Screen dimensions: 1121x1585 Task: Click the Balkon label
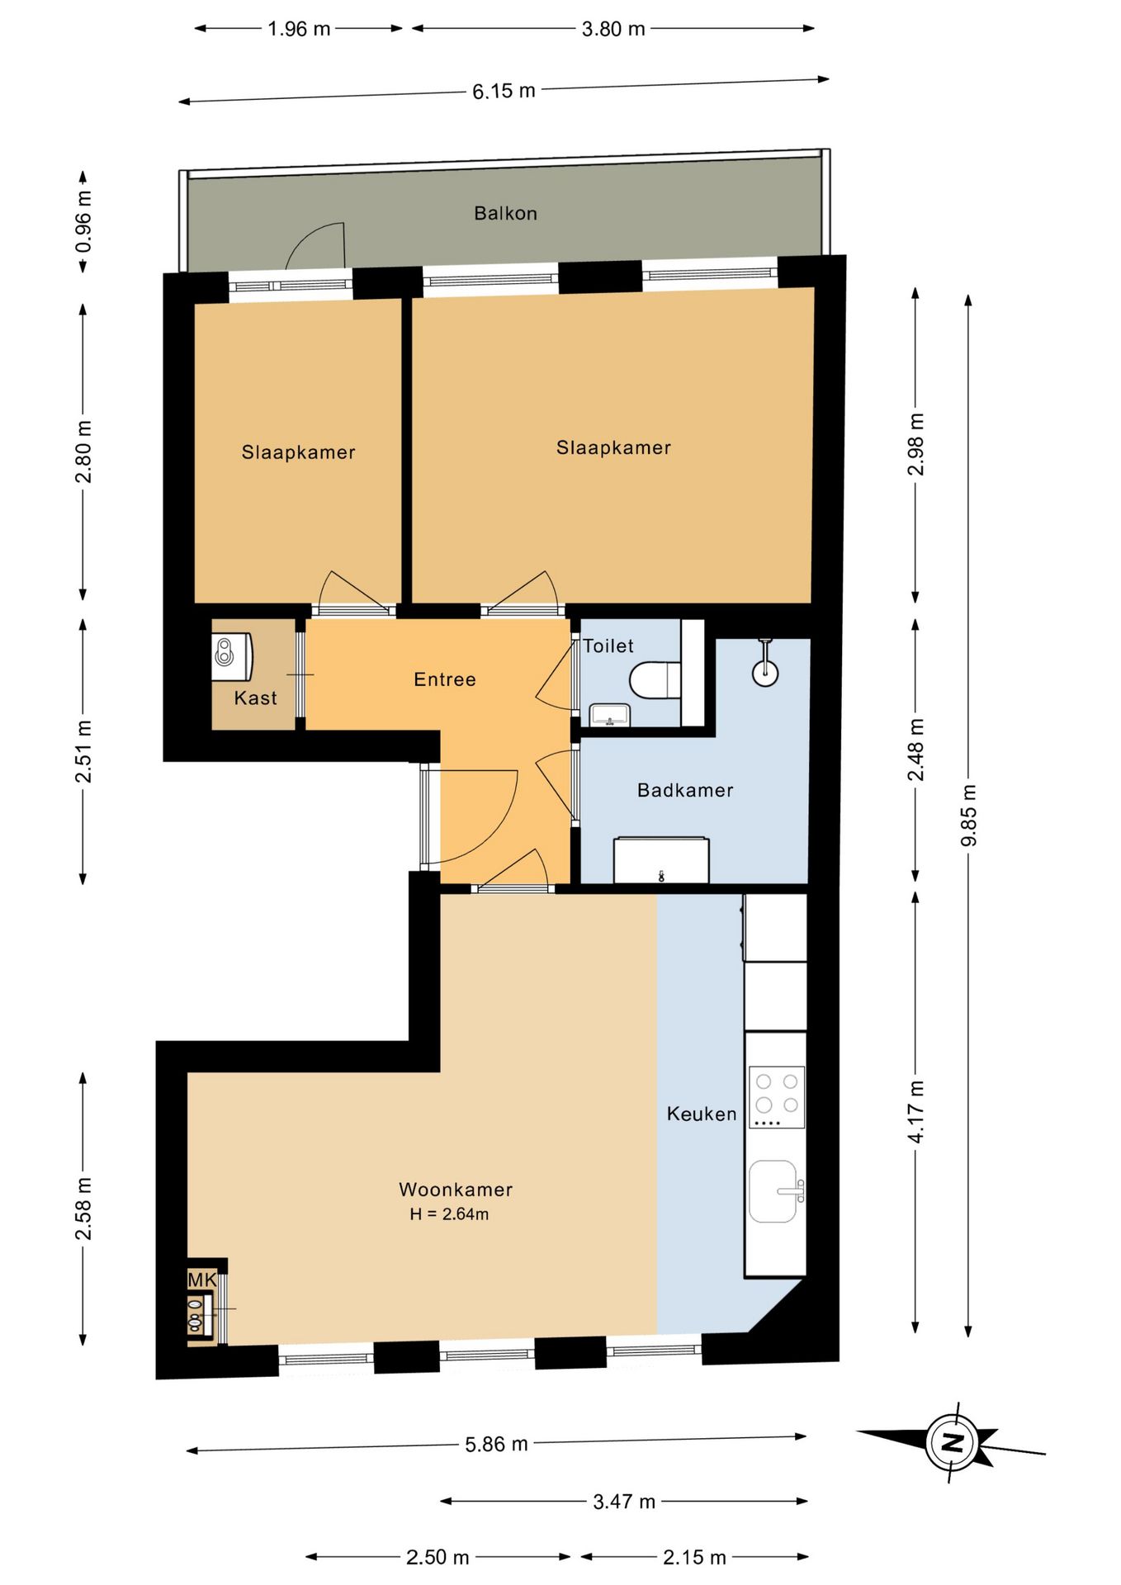[505, 213]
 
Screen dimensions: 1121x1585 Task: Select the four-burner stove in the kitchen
[776, 1097]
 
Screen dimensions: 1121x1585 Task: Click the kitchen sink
[774, 1191]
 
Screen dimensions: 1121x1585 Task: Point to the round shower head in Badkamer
[765, 671]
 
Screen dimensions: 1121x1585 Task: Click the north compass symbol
[951, 1442]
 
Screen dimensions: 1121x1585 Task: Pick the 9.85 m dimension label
[968, 815]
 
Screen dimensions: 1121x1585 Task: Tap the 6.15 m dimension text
[504, 91]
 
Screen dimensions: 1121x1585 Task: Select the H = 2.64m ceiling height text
[449, 1214]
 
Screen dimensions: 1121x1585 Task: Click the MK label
[202, 1280]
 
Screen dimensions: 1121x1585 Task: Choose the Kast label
[255, 698]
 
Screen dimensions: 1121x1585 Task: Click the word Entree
[445, 679]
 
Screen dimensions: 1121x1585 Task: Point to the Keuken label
[702, 1114]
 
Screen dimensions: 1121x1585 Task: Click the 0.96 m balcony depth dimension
[83, 222]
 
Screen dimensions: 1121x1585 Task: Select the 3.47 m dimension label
[624, 1501]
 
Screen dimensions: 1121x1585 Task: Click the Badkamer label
[685, 790]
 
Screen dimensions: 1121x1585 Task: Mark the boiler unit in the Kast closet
[231, 657]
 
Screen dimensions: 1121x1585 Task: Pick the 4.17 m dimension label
[916, 1111]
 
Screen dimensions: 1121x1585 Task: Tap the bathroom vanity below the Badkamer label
[661, 860]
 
